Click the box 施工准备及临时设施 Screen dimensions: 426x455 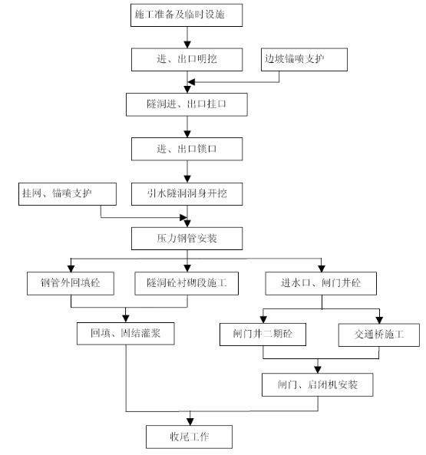tap(187, 15)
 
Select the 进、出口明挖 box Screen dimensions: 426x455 tap(187, 60)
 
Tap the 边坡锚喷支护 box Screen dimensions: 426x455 tap(304, 60)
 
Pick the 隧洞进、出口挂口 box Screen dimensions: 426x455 tap(187, 105)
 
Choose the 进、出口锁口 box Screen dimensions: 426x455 tap(187, 149)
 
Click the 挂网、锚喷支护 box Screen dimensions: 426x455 tap(68, 194)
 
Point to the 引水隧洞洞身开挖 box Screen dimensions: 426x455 tap(187, 194)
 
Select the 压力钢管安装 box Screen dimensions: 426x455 tap(187, 239)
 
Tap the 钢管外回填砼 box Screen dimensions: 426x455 tap(71, 283)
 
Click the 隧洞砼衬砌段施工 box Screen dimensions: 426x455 tap(187, 283)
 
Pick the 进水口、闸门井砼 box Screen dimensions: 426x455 tap(321, 283)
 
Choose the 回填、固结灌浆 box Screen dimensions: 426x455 tap(126, 334)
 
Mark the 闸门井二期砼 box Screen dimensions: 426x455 tap(263, 335)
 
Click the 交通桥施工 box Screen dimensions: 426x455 tap(379, 335)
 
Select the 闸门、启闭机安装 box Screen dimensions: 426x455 tap(318, 384)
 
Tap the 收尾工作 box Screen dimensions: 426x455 tap(189, 437)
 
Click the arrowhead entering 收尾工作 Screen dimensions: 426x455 tap(190, 422)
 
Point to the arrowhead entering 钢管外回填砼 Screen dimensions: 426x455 tap(71, 269)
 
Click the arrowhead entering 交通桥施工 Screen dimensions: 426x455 tap(379, 320)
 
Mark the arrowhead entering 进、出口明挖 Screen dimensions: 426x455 tap(187, 45)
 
